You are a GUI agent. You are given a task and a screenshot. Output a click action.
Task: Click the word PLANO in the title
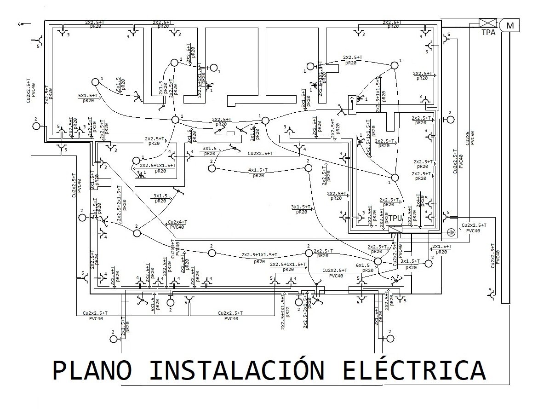pos(92,371)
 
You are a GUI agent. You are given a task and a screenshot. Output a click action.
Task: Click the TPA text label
pos(489,33)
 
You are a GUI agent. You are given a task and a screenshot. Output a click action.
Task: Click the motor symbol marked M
pos(509,25)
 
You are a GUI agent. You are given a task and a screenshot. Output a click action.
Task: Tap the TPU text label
pos(396,218)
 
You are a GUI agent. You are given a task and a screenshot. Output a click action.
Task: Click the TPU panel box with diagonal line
pos(395,230)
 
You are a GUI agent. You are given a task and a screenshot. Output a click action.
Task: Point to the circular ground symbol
pos(452,232)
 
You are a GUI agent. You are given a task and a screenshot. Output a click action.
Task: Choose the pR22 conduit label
pos(287,311)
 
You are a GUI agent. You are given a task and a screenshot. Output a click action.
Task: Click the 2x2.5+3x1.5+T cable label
pos(305,313)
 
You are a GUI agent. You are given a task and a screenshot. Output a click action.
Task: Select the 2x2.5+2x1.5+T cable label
pos(120,204)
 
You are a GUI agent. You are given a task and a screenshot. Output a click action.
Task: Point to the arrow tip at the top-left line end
pos(20,23)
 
